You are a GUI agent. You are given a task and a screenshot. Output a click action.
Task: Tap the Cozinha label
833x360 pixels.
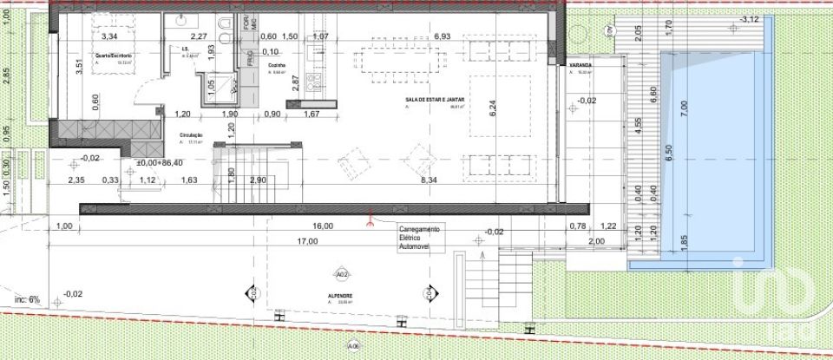[277, 64]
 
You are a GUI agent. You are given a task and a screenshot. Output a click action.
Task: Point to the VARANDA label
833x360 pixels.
[580, 66]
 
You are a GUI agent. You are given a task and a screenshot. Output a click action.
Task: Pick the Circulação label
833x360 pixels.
[191, 136]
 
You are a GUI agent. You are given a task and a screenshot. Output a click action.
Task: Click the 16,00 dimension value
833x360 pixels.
[322, 226]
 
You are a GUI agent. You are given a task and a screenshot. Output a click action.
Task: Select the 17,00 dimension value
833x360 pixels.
[307, 241]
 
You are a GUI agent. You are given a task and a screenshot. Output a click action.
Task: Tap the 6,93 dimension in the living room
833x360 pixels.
[442, 36]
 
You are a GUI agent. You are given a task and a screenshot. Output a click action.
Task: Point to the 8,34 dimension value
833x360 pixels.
[429, 180]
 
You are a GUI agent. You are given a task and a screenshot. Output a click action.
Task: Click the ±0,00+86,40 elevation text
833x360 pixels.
[161, 162]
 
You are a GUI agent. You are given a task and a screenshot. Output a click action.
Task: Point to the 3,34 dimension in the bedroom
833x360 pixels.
[109, 36]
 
